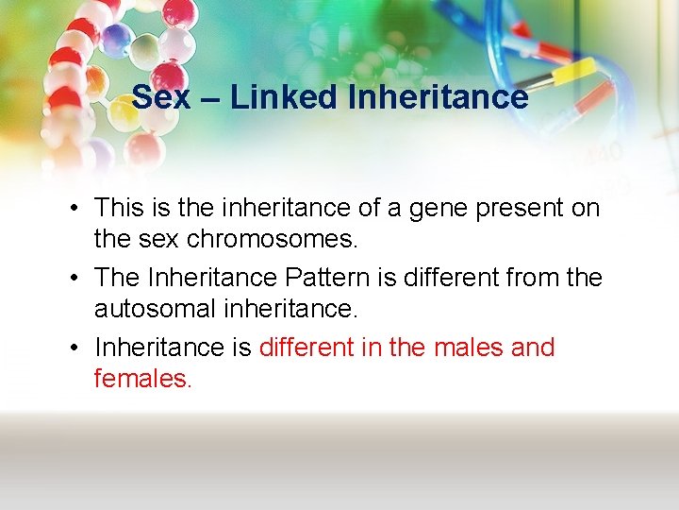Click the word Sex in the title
pyautogui.click(x=159, y=96)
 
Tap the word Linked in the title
pyautogui.click(x=285, y=96)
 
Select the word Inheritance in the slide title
pyautogui.click(x=438, y=96)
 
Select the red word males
pyautogui.click(x=469, y=348)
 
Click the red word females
pyautogui.click(x=142, y=379)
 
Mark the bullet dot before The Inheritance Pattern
pyautogui.click(x=75, y=279)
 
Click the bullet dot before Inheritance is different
pyautogui.click(x=75, y=348)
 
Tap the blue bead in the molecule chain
pyautogui.click(x=115, y=38)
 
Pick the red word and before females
pyautogui.click(x=533, y=348)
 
